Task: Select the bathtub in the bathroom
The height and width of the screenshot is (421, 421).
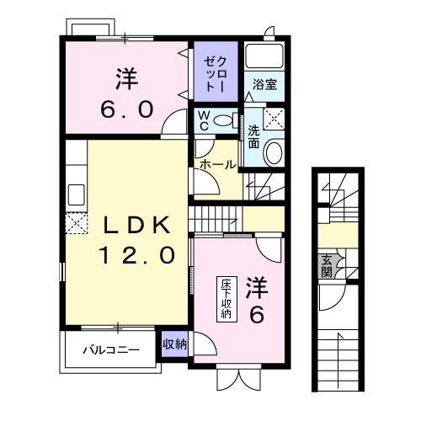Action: pyautogui.click(x=265, y=56)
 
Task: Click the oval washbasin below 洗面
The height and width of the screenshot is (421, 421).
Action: pyautogui.click(x=274, y=153)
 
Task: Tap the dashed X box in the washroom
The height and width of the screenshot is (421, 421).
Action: pyautogui.click(x=275, y=118)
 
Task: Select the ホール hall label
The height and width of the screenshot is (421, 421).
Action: pyautogui.click(x=217, y=165)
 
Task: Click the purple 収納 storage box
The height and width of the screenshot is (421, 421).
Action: pyautogui.click(x=175, y=343)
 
